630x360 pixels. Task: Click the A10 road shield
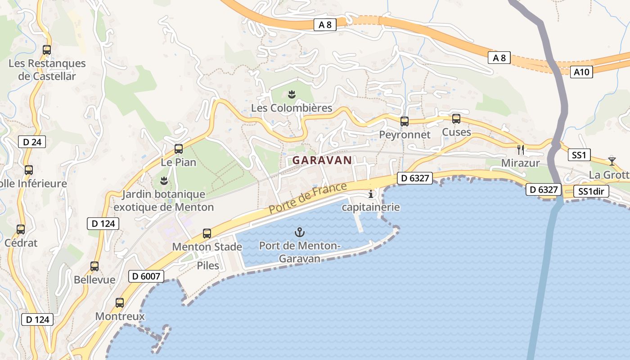[581, 72]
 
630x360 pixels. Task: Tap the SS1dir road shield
[591, 192]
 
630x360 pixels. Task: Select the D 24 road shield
[32, 142]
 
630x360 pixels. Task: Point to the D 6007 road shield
[146, 276]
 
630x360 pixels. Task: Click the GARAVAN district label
[322, 160]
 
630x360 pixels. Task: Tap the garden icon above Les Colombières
[292, 94]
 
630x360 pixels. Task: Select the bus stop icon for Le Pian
[179, 149]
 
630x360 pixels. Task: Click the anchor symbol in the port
[299, 232]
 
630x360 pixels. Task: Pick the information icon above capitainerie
[371, 194]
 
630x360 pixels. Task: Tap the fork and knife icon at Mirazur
[521, 149]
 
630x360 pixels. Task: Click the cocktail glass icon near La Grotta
[612, 161]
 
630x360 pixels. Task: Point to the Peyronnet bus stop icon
[405, 121]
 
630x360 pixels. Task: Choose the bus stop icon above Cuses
[456, 119]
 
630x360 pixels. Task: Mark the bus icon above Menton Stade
[207, 234]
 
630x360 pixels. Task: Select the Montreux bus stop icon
[120, 303]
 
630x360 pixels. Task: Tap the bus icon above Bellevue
[94, 266]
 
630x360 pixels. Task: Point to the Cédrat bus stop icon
[21, 229]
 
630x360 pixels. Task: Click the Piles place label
[208, 265]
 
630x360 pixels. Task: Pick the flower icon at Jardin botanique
[164, 181]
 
